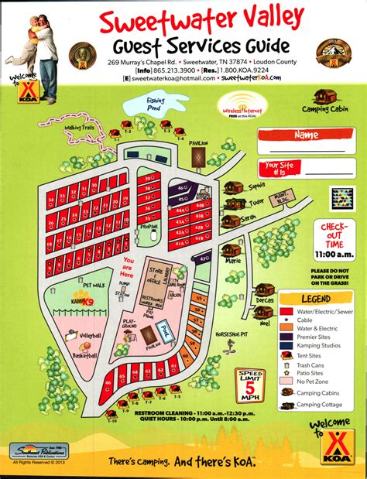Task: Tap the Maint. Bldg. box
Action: pyautogui.click(x=280, y=197)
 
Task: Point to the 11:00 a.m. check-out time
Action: pyautogui.click(x=334, y=254)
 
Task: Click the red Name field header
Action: pyautogui.click(x=306, y=135)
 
